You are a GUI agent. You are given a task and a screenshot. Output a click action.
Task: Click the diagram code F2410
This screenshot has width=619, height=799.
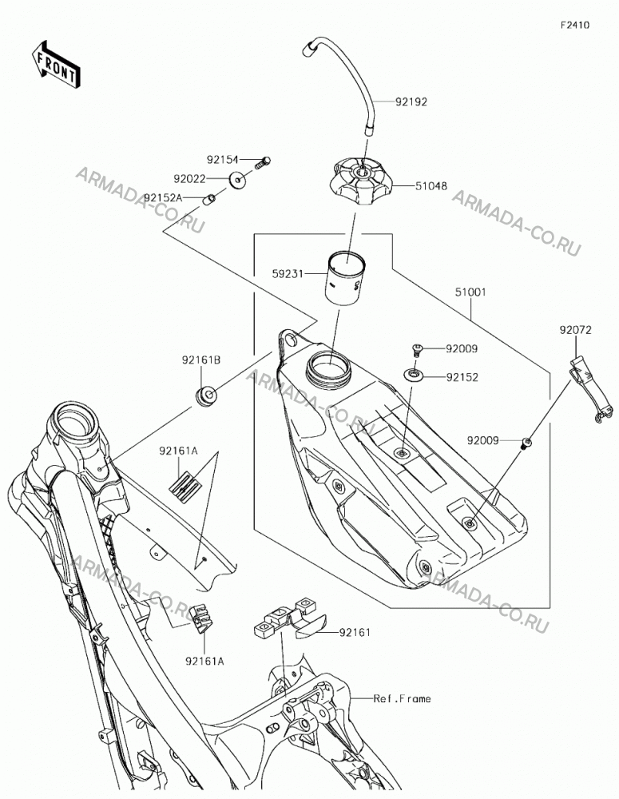[x=575, y=25]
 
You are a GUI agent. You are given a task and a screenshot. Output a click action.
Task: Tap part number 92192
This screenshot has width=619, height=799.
[x=411, y=102]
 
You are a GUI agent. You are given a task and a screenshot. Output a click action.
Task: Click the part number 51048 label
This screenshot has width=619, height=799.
[x=431, y=186]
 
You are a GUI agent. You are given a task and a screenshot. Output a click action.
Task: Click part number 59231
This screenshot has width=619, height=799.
[x=288, y=274]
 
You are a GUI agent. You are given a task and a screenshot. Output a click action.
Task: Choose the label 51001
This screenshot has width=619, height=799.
[x=470, y=292]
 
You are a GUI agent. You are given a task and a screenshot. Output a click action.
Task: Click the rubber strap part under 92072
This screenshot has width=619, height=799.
[x=587, y=390]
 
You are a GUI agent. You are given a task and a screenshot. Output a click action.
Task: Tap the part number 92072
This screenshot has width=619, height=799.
[x=576, y=330]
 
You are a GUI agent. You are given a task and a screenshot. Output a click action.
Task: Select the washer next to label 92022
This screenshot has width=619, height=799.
[x=237, y=180]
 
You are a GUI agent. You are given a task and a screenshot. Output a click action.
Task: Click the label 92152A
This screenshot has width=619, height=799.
[x=163, y=197]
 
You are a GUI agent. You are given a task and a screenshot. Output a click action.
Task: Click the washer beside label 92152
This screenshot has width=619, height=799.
[x=415, y=376]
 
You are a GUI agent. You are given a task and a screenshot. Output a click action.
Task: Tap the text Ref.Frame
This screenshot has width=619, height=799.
[x=402, y=698]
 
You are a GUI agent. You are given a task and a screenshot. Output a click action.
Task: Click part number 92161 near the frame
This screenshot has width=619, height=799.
[x=355, y=632]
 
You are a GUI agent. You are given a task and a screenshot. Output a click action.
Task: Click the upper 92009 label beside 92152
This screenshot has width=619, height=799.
[x=462, y=349]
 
